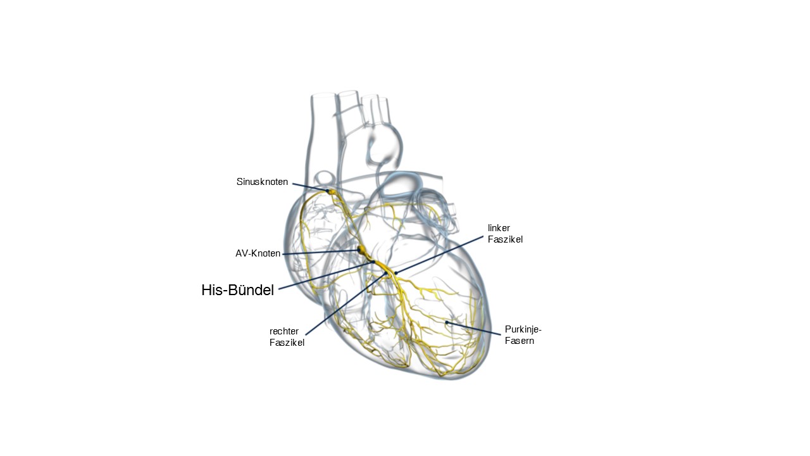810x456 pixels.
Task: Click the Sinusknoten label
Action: pos(262,182)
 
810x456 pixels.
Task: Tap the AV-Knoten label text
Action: pos(258,253)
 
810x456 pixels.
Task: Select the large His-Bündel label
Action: pos(237,290)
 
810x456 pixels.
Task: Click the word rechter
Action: pos(284,331)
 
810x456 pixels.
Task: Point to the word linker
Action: pos(499,228)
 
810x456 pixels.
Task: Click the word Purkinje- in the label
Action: pos(523,329)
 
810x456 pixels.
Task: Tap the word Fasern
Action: pos(520,341)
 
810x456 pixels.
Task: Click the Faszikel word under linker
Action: pos(505,239)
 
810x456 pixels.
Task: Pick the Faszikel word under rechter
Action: pos(287,343)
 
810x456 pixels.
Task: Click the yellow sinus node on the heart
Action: pos(331,191)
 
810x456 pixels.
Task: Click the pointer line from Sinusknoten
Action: pos(310,187)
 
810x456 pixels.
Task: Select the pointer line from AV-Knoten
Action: pos(320,252)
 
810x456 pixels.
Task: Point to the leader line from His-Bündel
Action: pos(326,275)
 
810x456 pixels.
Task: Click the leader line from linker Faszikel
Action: pos(439,255)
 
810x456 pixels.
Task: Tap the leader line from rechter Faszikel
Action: pos(346,303)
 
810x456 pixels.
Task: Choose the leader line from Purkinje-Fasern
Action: pos(474,328)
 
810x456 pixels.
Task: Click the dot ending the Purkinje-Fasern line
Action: pos(447,322)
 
